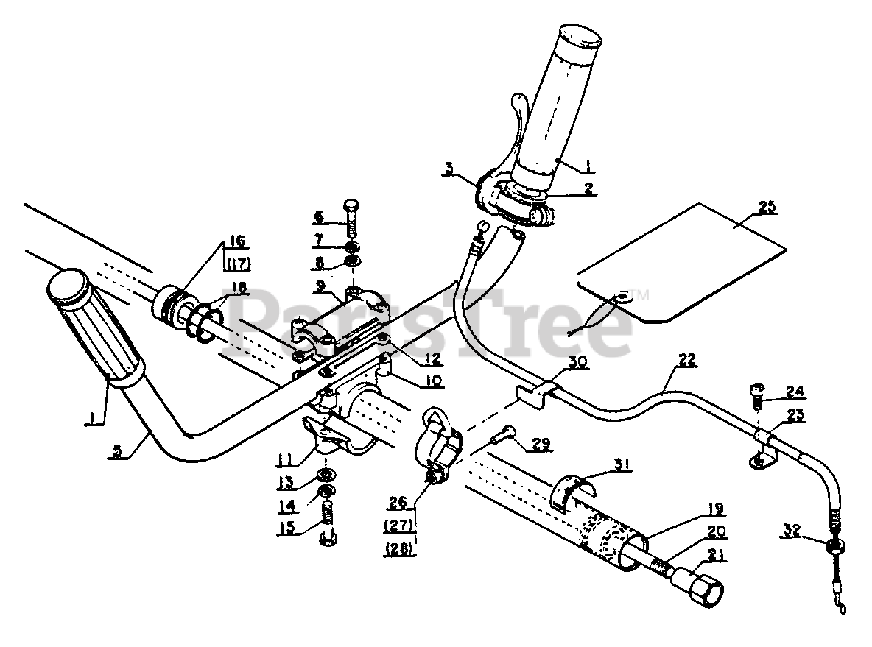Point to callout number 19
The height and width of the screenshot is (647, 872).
(715, 508)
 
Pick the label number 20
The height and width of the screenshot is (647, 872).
(716, 530)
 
